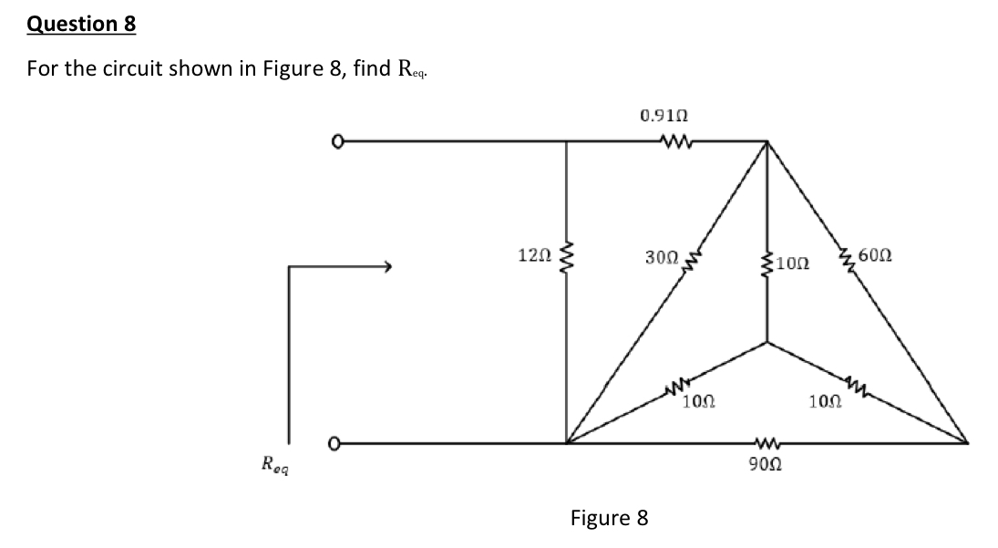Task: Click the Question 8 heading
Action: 81,25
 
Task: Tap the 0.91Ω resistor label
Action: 664,116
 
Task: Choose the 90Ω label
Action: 765,465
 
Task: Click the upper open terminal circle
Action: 337,141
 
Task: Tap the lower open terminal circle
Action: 337,444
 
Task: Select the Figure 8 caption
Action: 609,519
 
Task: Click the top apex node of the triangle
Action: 767,141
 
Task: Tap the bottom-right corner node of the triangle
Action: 968,444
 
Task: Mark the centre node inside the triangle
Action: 767,343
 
